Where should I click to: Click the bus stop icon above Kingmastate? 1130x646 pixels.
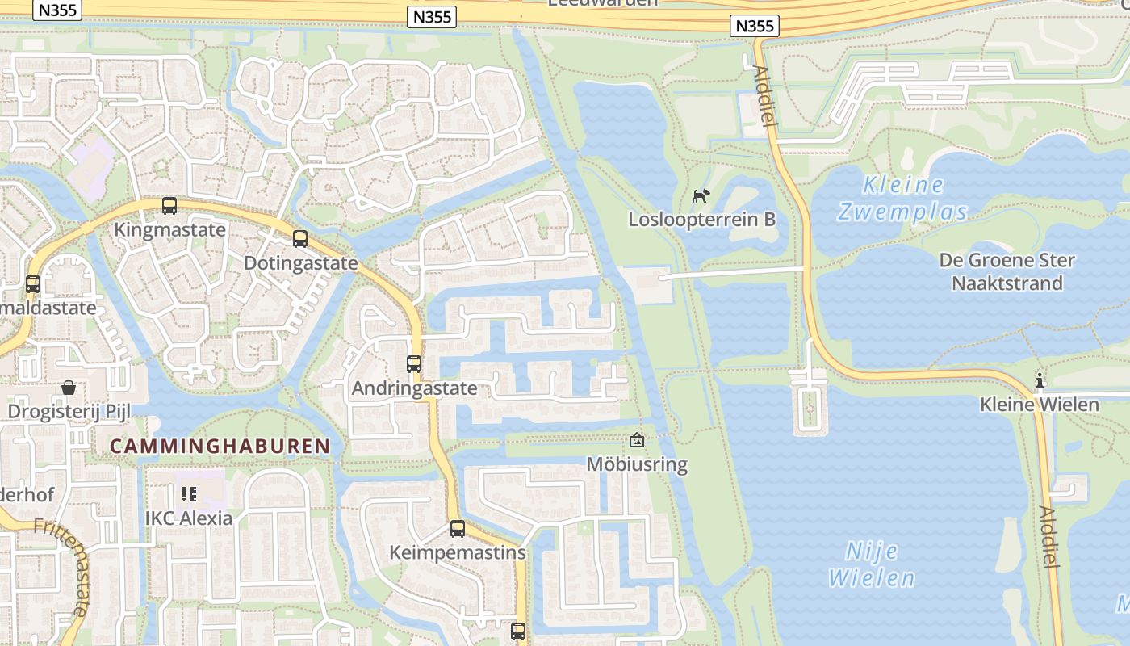169,206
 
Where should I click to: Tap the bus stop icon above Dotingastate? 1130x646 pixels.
300,239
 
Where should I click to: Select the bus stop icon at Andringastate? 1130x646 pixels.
414,364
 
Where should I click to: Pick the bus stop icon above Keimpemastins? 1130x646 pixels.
458,529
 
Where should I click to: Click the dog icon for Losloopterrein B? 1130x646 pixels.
701,195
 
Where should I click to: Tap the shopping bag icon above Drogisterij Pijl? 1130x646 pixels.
69,388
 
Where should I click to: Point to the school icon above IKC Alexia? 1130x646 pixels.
188,493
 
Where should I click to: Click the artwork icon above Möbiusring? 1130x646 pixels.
637,440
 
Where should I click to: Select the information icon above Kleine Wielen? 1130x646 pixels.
1040,380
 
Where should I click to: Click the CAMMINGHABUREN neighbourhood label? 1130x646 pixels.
220,446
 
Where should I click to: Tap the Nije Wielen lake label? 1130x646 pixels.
872,564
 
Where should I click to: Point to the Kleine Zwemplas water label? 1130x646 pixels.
902,198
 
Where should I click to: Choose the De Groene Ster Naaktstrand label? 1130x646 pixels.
1007,271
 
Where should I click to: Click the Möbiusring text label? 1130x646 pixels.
637,464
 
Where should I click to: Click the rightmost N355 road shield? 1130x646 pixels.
755,26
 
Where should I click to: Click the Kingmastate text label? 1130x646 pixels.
169,229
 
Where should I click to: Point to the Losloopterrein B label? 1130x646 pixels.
701,219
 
